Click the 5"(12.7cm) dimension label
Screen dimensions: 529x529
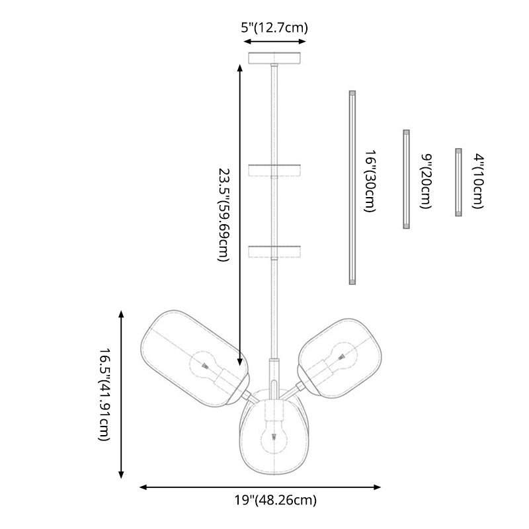pos(274,28)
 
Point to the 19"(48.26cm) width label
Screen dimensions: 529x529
pos(274,500)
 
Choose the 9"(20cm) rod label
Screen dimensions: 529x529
pos(426,181)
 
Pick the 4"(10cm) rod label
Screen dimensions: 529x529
pos(478,181)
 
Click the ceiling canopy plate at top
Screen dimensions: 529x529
pos(277,58)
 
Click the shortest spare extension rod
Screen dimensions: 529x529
pos(458,183)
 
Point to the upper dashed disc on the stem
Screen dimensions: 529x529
pos(275,171)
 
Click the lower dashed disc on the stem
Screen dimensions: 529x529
pos(275,251)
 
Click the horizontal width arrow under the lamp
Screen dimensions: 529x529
pos(261,487)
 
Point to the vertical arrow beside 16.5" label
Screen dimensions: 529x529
pos(121,394)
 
